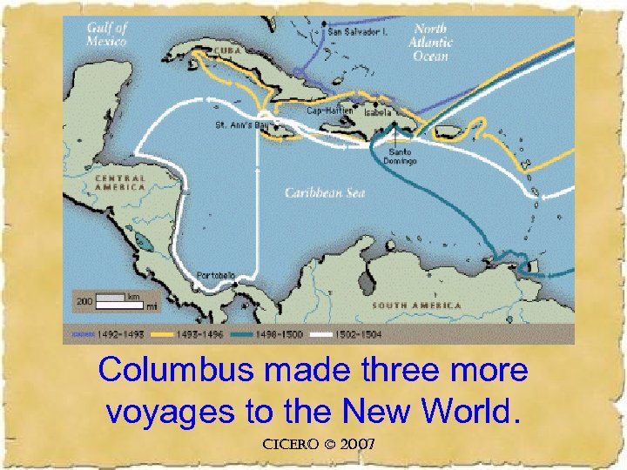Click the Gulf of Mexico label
(106, 34)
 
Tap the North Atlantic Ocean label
(431, 42)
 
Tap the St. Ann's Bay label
(239, 125)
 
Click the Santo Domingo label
(401, 157)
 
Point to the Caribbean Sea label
(325, 193)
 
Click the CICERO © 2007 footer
(318, 445)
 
